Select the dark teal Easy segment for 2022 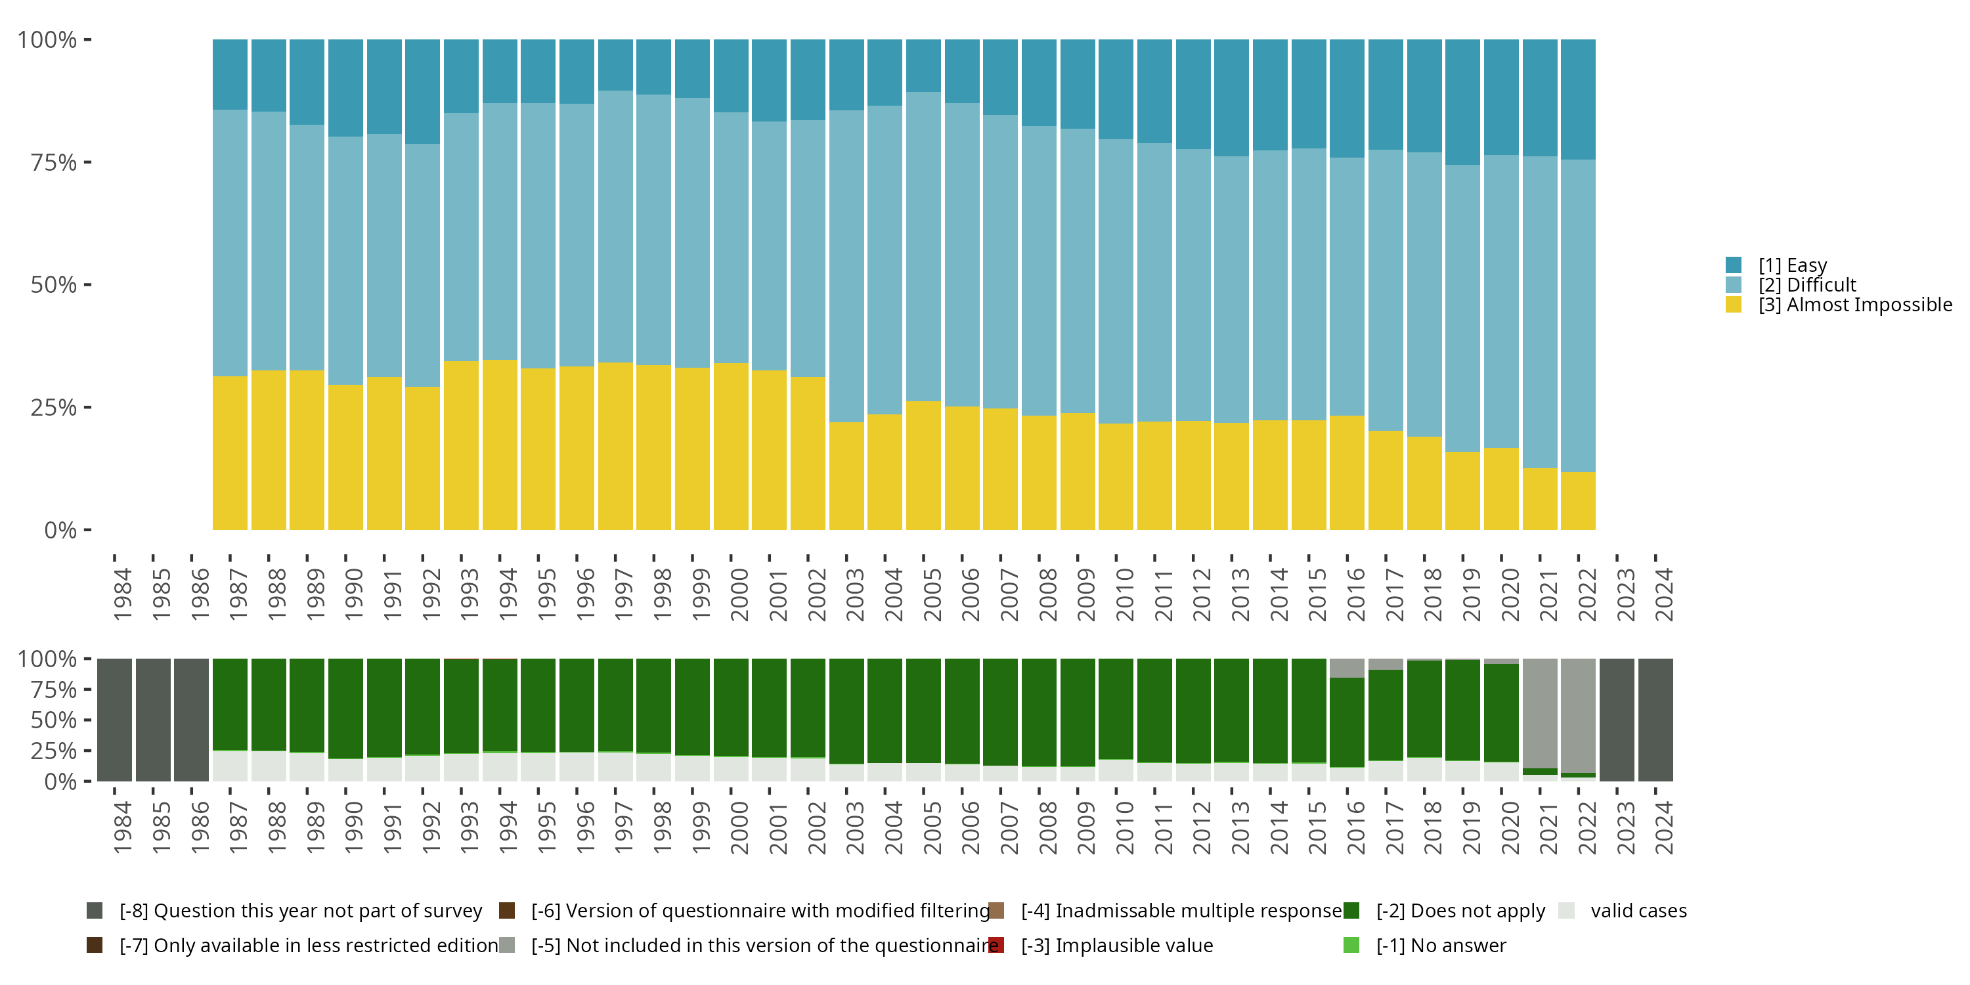1578,99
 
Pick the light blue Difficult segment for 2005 923,246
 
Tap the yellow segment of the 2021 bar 1539,498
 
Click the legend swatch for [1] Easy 1734,265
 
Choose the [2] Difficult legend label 1806,285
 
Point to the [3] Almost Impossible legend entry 1854,305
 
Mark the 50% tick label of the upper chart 54,284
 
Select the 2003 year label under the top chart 855,594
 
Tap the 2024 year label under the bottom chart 1664,827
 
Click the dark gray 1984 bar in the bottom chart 115,720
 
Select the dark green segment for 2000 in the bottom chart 731,707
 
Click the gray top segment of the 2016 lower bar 1347,668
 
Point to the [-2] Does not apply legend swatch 1351,911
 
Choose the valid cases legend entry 1638,911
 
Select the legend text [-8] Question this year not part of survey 301,911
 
